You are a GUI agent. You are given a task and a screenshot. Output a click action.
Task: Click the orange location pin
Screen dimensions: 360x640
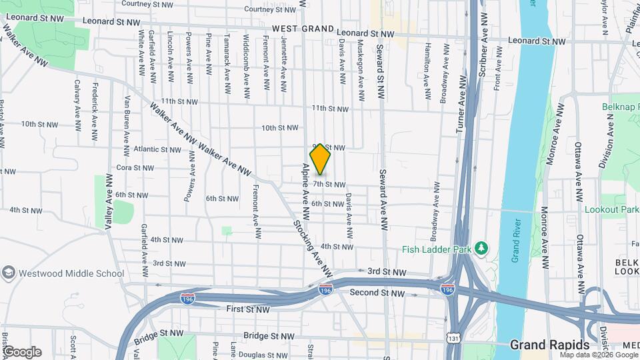coord(320,159)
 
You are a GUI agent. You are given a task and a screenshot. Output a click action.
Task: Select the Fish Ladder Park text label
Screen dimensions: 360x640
coord(437,250)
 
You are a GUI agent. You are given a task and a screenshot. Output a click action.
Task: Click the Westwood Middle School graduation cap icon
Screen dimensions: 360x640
coord(8,273)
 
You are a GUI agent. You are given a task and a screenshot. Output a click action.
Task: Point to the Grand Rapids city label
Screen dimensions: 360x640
coord(549,345)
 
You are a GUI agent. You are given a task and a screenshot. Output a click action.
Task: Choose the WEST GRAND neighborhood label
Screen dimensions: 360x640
coord(303,29)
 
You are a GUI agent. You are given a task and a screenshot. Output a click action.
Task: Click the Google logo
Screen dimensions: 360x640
coord(21,351)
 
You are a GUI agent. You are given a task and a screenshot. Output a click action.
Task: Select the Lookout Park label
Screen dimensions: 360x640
coord(611,209)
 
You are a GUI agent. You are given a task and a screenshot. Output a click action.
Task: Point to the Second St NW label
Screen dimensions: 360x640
coord(377,293)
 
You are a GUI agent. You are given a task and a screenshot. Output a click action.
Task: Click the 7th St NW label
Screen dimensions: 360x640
coord(329,185)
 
